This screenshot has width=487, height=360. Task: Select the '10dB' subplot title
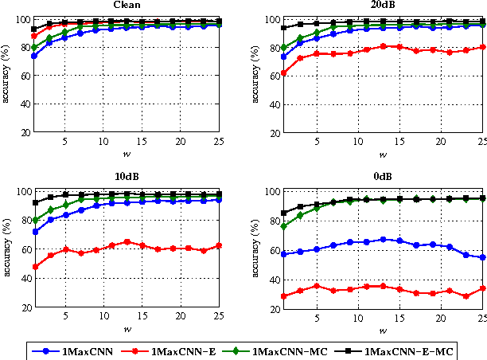pos(123,179)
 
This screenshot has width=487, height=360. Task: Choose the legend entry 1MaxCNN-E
pos(182,350)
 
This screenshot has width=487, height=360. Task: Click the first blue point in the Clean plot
pos(33,56)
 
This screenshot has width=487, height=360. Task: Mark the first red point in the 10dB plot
pos(33,266)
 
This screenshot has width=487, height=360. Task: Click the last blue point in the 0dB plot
pos(482,257)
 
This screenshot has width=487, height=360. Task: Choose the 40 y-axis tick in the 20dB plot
pos(271,104)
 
